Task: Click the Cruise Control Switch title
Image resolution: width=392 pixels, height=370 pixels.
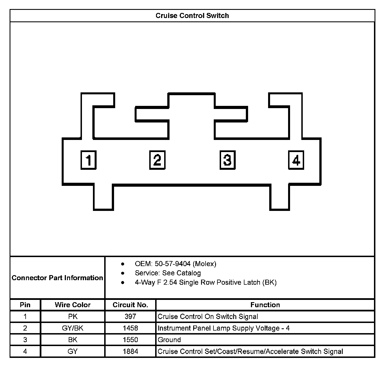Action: [192, 15]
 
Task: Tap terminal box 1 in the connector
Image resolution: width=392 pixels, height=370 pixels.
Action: [89, 160]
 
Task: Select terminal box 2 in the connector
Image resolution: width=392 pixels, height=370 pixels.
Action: [157, 160]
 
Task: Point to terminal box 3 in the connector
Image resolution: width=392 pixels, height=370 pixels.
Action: [227, 160]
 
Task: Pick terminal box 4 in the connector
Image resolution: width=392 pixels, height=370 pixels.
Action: [296, 160]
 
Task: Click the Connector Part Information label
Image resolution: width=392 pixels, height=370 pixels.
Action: [57, 278]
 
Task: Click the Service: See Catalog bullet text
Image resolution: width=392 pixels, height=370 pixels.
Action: [168, 273]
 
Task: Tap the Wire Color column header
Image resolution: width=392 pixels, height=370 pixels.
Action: [73, 305]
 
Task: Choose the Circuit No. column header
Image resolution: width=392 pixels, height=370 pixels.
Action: [130, 305]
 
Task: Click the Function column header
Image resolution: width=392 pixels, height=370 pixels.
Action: [265, 305]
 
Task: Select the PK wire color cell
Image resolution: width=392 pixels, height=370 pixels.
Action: [73, 316]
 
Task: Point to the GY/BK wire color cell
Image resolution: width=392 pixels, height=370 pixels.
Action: [73, 328]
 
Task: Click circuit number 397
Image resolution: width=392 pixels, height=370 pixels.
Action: [130, 316]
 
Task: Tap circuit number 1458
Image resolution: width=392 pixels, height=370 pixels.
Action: [130, 328]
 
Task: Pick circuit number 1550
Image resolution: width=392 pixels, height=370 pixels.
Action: [130, 340]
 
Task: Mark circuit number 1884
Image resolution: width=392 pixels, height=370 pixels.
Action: [130, 351]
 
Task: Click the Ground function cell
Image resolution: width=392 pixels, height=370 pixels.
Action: [169, 340]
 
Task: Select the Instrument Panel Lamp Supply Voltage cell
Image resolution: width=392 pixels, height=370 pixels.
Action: [224, 328]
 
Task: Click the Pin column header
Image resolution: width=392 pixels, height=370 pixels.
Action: [25, 305]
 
